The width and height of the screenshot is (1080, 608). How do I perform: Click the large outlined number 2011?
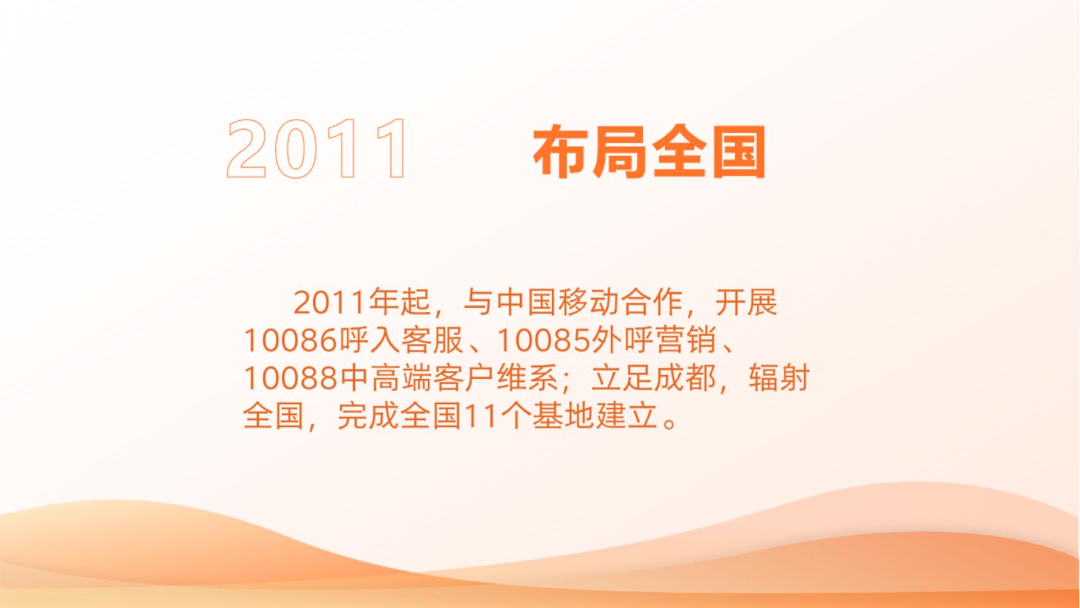[x=317, y=149]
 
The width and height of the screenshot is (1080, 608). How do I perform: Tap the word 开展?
[x=746, y=303]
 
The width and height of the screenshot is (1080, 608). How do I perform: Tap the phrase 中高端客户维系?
[x=449, y=379]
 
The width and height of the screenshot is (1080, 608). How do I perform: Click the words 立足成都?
[x=654, y=379]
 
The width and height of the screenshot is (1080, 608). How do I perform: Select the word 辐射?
[x=779, y=379]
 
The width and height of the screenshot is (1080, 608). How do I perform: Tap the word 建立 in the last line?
[x=626, y=417]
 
